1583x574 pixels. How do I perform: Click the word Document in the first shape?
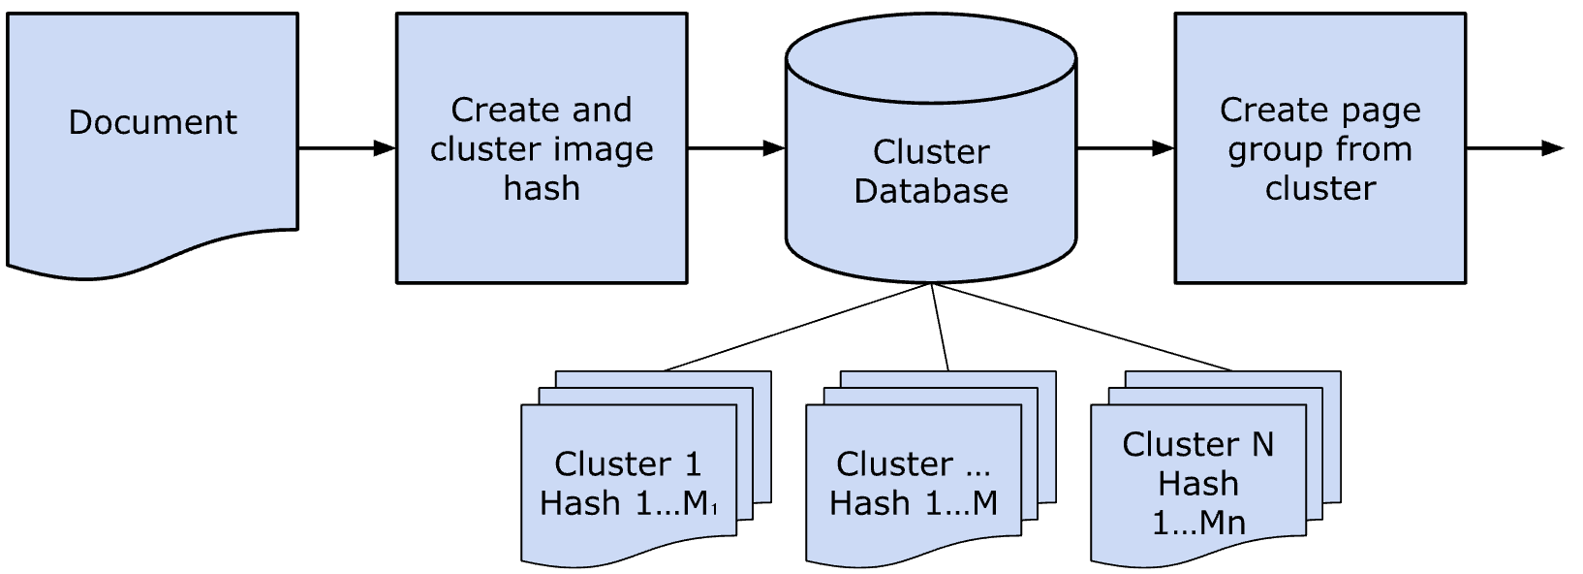pos(152,122)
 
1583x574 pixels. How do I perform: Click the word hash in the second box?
pos(542,188)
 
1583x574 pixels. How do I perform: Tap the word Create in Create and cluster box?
pos(496,110)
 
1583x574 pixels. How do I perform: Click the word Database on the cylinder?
pos(930,191)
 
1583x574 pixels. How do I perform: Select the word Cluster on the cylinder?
pos(930,152)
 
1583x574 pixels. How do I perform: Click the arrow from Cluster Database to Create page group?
pos(1125,148)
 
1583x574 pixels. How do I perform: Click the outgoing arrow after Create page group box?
pos(1514,148)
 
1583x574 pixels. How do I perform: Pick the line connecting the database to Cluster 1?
pos(796,327)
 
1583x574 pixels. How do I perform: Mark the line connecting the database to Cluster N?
pos(1080,327)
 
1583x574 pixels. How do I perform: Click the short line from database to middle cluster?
pos(940,327)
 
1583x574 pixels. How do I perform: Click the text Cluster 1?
pos(628,464)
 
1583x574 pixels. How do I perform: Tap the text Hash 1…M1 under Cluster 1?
pos(628,503)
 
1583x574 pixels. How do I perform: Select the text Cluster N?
pos(1197,444)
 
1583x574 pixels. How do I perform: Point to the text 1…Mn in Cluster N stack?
pos(1197,524)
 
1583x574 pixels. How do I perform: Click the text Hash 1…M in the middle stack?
pos(914,503)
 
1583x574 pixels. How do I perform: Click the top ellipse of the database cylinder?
pos(930,58)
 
